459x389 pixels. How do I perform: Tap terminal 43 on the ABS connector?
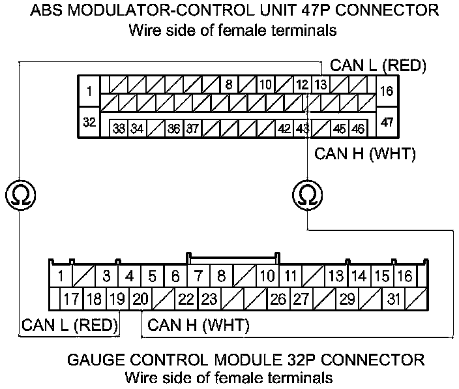[303, 129]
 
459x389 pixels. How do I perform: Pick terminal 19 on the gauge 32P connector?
[117, 300]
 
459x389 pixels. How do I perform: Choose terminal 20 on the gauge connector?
[140, 300]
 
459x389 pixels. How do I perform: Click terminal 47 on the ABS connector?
[387, 122]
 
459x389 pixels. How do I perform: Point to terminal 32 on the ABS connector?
[89, 122]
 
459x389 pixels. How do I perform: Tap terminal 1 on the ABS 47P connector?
[89, 91]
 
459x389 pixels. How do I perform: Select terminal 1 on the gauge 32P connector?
[60, 276]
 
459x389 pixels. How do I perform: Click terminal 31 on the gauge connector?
[393, 300]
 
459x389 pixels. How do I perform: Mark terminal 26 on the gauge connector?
[278, 300]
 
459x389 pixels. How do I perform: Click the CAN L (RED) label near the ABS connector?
[378, 66]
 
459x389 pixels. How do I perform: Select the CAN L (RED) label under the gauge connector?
[69, 324]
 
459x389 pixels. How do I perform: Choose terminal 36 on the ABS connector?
[173, 129]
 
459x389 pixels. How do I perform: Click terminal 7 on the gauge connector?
[199, 276]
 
